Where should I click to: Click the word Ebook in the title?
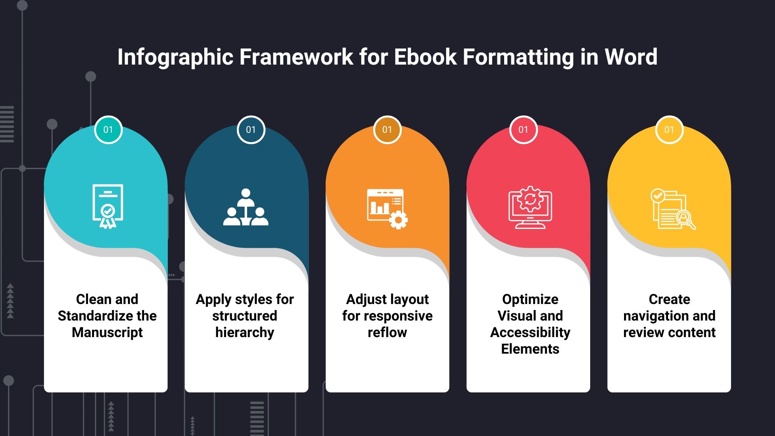tap(425, 57)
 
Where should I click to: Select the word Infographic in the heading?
tap(175, 57)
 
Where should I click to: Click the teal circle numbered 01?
tap(108, 130)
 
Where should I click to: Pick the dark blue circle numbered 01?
tap(251, 130)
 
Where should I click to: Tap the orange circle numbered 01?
tap(387, 130)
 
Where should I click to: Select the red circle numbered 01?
tap(523, 130)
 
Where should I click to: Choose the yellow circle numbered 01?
tap(669, 130)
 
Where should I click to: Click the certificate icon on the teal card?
tap(107, 206)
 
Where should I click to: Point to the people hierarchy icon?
tap(245, 207)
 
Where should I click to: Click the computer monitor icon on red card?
tap(530, 207)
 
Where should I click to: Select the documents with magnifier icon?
tap(672, 209)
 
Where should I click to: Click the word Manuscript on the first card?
tap(107, 332)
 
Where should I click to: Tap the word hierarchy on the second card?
tap(245, 332)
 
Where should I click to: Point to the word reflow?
tap(387, 332)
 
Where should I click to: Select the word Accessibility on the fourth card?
tap(530, 332)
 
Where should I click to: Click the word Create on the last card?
tap(669, 299)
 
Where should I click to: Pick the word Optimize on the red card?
tap(530, 299)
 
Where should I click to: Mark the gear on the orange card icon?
tap(398, 220)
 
